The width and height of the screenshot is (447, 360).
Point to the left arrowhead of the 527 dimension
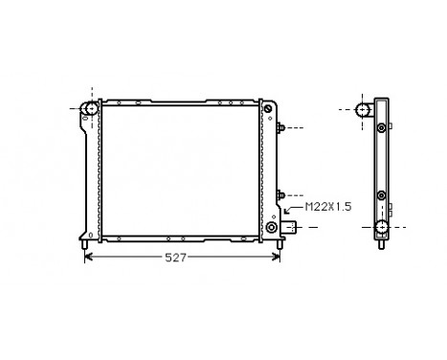click(x=90, y=257)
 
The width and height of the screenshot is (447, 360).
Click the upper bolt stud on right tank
click(x=280, y=127)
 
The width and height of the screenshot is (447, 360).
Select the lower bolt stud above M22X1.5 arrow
click(x=280, y=194)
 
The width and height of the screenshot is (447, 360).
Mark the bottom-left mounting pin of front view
click(x=87, y=248)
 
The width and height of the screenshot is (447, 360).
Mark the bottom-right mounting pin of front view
click(x=279, y=248)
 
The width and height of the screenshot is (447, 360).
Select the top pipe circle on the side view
click(x=365, y=109)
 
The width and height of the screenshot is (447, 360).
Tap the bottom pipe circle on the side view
click(x=381, y=228)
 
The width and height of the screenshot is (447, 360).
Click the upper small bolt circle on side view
click(x=382, y=128)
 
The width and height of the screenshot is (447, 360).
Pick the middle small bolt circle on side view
click(x=382, y=194)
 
